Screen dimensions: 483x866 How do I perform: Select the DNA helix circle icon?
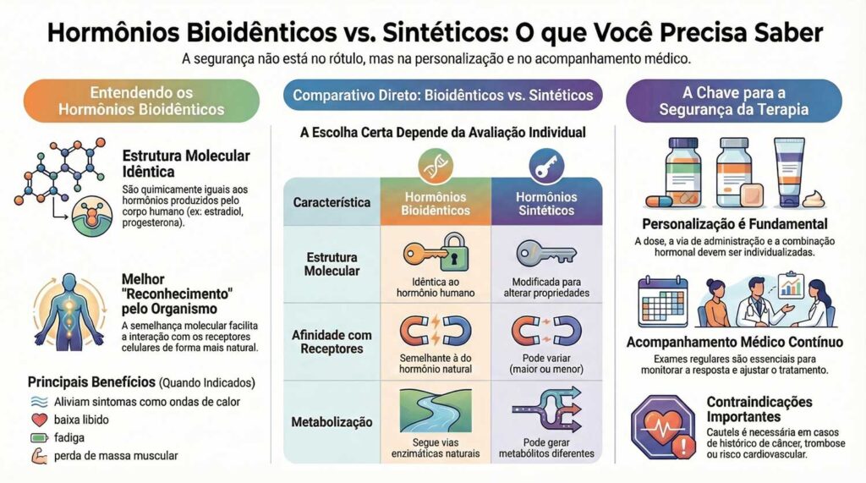click(x=436, y=167)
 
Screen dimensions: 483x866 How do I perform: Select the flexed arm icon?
click(x=38, y=458)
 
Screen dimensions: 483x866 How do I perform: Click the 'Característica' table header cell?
click(x=332, y=203)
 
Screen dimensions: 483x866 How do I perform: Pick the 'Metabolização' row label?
click(x=332, y=420)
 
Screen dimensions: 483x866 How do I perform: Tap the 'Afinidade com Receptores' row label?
click(x=332, y=342)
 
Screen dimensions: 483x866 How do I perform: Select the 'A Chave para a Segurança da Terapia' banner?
click(x=733, y=101)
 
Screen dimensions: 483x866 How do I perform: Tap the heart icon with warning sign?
click(x=662, y=422)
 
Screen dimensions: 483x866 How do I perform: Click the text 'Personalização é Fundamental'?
click(x=733, y=225)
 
